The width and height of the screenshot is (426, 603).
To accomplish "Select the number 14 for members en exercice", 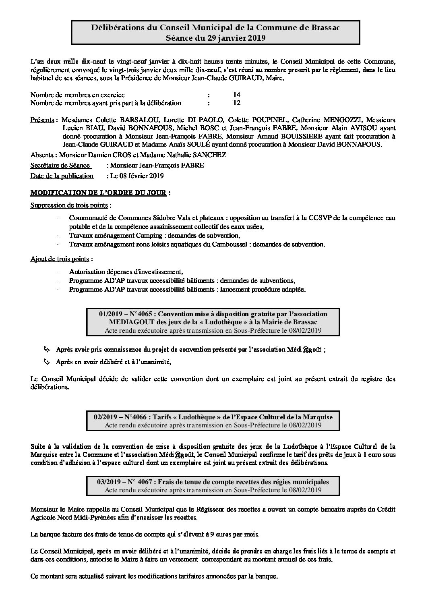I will point(237,95).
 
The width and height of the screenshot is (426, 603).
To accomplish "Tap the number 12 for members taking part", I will point(237,103).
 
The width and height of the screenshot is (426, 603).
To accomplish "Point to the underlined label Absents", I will point(42,155).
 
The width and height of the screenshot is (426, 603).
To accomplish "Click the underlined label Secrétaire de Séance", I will point(60,165).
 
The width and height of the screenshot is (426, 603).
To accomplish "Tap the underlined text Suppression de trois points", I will point(69,205).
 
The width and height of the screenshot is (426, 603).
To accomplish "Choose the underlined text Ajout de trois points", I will point(60,258).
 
